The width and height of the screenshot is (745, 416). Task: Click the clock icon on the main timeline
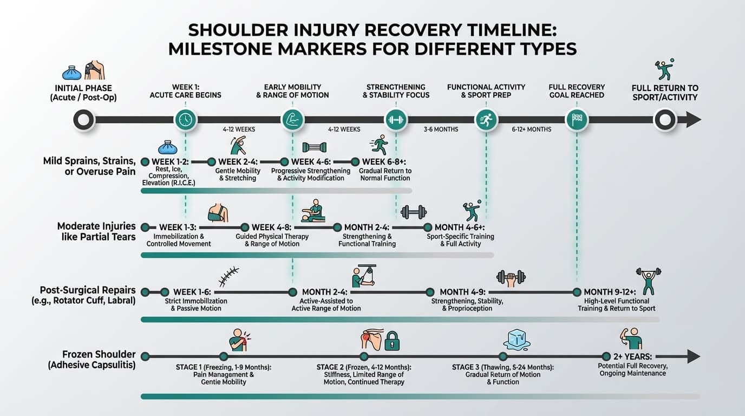[x=186, y=119]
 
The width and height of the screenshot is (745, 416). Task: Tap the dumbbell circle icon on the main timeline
[x=396, y=119]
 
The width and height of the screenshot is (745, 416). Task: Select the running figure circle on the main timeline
[x=486, y=120]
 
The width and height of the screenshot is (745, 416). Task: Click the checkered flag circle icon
[x=576, y=119]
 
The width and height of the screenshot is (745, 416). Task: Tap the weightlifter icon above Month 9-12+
[x=648, y=279]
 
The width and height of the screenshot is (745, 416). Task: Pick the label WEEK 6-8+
[x=384, y=161]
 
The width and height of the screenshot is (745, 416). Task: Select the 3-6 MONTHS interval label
[x=441, y=129]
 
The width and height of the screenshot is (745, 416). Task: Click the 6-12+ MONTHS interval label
[x=532, y=129]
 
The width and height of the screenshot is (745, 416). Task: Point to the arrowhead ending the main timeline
[x=693, y=120]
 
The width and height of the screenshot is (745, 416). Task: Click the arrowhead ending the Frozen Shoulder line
[x=692, y=356]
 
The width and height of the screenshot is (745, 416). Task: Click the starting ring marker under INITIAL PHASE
[x=84, y=120]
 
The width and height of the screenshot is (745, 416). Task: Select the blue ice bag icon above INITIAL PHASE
[x=72, y=72]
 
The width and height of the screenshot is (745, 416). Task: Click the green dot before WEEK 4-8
[x=245, y=227]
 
